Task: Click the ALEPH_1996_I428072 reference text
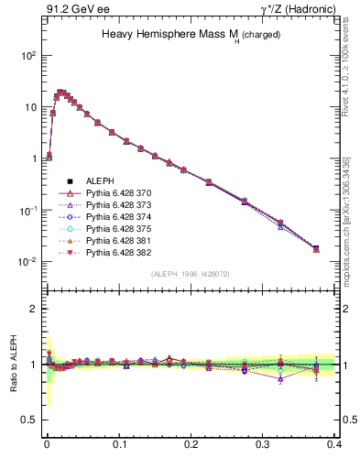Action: tap(191, 274)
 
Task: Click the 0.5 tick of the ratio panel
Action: tap(31, 420)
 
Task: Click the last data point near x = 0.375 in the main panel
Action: tap(316, 248)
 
